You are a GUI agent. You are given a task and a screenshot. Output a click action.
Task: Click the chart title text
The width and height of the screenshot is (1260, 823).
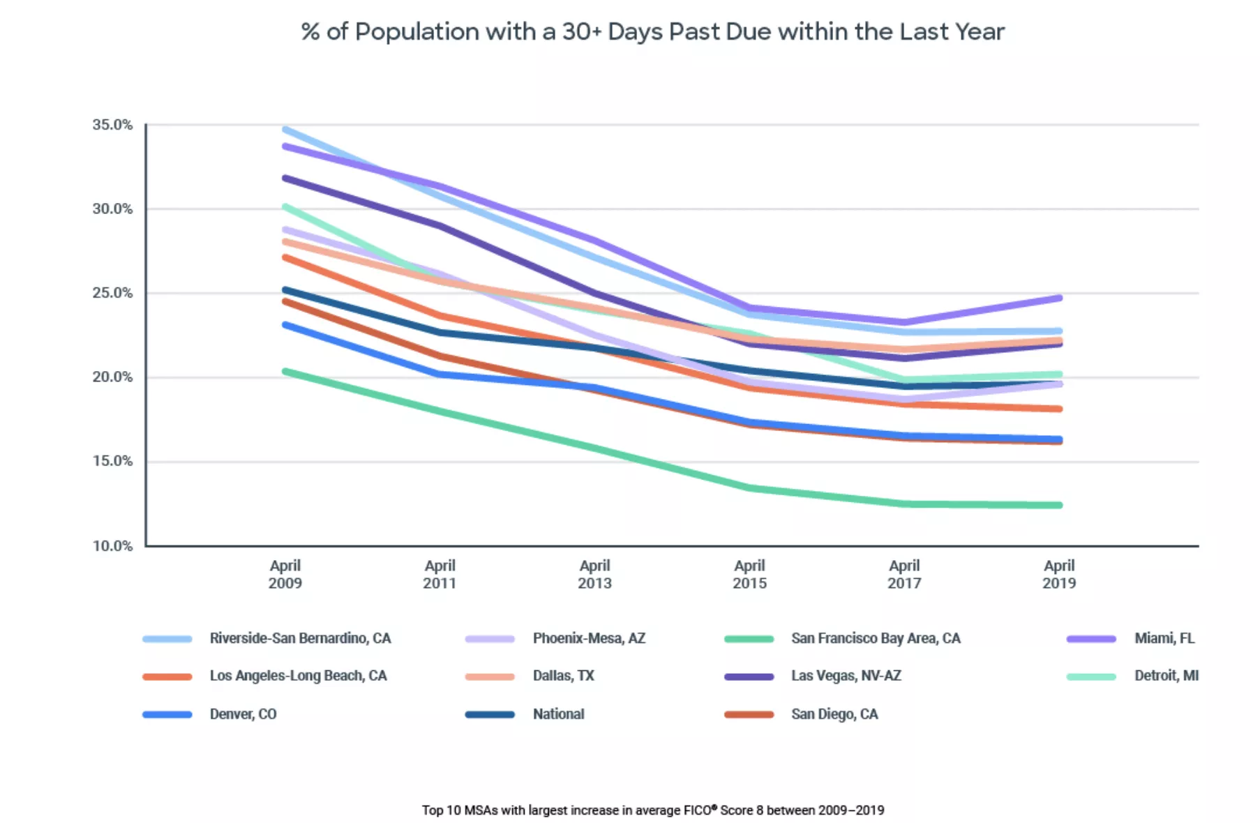652,32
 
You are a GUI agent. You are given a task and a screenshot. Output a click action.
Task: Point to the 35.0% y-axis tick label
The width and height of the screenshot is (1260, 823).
112,125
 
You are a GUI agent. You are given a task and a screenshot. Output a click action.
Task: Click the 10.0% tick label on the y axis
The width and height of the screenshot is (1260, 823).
112,546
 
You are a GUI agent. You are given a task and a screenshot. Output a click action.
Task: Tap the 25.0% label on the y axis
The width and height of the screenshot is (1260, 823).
112,293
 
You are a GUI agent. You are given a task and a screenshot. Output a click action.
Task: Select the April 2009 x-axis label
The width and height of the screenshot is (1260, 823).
285,574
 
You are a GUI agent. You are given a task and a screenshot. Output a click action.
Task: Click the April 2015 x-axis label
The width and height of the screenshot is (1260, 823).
749,574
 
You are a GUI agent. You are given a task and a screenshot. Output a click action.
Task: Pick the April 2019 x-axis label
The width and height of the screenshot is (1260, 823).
1058,574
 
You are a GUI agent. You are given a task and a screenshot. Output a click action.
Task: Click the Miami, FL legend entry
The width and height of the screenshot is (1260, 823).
1164,638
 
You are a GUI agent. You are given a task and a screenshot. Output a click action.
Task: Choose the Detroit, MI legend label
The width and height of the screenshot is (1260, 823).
1166,676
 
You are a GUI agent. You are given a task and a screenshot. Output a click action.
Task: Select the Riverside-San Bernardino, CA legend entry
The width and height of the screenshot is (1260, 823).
300,638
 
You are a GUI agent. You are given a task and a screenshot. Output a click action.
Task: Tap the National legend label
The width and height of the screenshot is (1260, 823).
558,714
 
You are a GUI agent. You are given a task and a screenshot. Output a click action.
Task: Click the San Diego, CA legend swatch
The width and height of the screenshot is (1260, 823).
749,715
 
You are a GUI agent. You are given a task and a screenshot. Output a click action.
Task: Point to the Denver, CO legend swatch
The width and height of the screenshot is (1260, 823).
167,715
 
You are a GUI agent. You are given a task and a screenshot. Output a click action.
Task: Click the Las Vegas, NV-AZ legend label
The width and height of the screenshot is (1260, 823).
846,676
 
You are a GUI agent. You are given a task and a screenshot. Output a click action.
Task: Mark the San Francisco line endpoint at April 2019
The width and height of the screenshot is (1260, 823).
1059,505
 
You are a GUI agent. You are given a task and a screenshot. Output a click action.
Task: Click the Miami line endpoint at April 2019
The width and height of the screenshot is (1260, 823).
1059,298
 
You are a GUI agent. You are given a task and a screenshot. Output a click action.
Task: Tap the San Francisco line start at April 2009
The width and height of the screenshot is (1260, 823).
285,372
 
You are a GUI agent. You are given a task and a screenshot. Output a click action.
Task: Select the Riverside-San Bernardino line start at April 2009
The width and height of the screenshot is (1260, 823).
285,130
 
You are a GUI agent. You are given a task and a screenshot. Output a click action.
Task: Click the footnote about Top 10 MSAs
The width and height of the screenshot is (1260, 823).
652,810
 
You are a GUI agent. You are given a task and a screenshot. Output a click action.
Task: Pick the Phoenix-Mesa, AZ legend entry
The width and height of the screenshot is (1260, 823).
589,638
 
